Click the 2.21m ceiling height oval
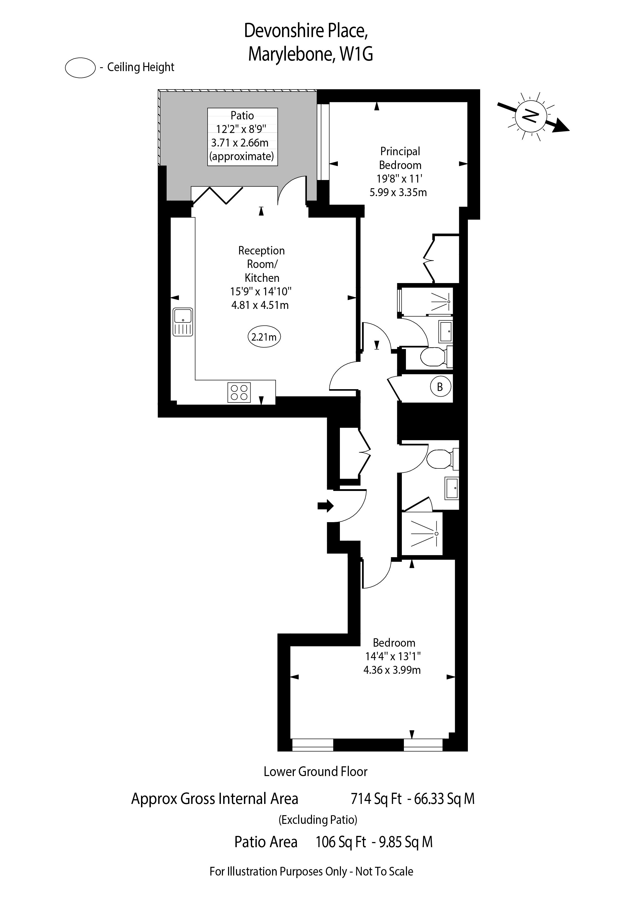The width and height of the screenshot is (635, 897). (264, 337)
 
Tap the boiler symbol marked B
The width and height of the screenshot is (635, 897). (440, 387)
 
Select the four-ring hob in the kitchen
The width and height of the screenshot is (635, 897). (239, 392)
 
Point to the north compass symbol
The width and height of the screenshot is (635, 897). (533, 115)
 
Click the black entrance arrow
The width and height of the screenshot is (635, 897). (325, 506)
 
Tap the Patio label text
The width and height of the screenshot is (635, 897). (242, 115)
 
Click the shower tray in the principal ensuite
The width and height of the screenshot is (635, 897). (425, 302)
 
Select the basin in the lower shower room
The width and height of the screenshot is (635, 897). (452, 488)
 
